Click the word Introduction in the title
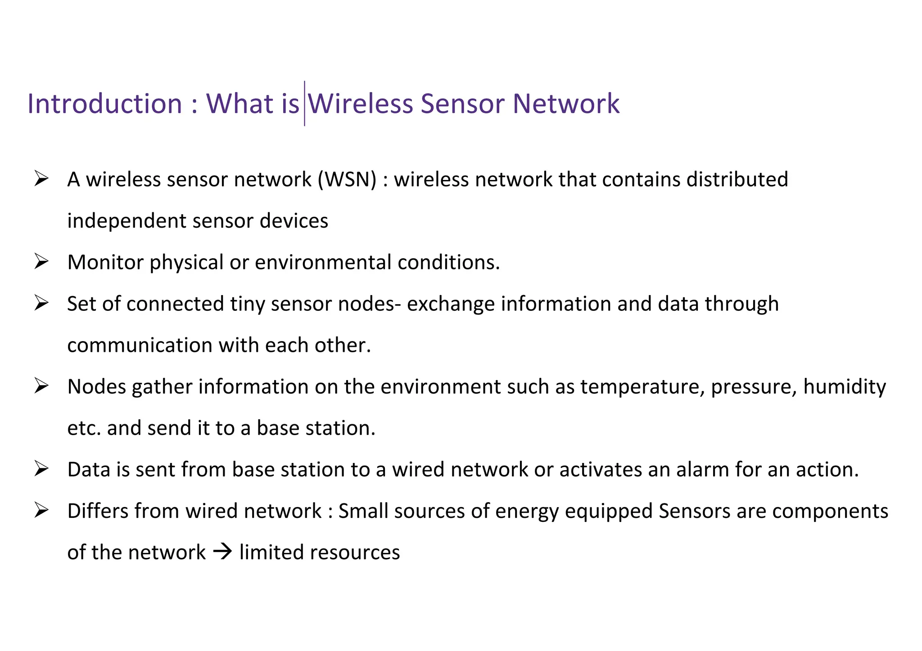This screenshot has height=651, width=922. pyautogui.click(x=104, y=104)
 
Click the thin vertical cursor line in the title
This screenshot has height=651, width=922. pyautogui.click(x=304, y=103)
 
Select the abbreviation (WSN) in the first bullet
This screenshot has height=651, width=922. pyautogui.click(x=347, y=180)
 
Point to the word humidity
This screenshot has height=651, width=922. pyautogui.click(x=844, y=386)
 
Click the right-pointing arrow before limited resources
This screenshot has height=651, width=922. pyautogui.click(x=222, y=552)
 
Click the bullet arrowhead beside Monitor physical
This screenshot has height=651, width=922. pyautogui.click(x=41, y=262)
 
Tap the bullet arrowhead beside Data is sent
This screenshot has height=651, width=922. pyautogui.click(x=41, y=469)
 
